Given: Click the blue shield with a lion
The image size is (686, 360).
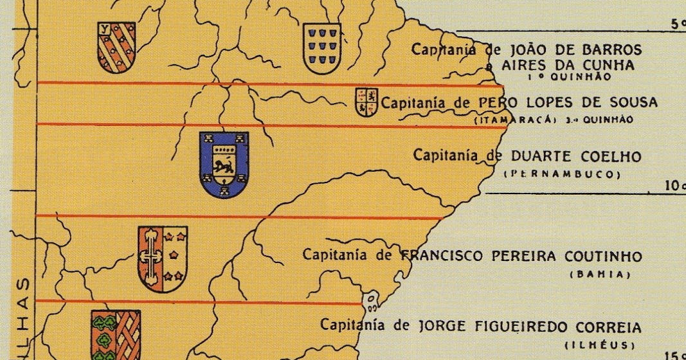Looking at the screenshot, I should (x=224, y=164).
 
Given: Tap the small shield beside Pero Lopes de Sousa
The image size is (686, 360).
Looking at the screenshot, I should (x=366, y=103).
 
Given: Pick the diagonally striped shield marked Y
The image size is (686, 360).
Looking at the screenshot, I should (x=116, y=46).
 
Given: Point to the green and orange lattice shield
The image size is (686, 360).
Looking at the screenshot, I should (x=116, y=334).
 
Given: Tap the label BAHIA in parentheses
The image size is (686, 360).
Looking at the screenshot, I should (x=598, y=274).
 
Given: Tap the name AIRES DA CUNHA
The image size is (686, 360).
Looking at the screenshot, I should (x=566, y=65).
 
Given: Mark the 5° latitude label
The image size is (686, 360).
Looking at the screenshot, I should (x=677, y=24).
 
